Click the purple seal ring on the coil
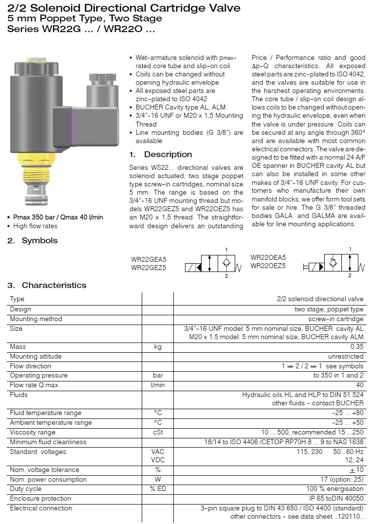point(72,126)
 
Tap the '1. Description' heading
point(161,155)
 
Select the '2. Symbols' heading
point(32,240)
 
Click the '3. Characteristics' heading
point(47,285)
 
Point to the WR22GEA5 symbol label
point(149,259)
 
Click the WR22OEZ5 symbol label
point(268,266)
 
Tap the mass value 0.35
point(357,347)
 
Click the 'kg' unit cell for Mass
point(157,347)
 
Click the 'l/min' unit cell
point(157,385)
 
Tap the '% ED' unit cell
point(157,489)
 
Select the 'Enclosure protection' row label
point(40,499)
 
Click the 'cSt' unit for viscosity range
point(157,433)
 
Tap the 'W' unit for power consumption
point(157,479)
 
